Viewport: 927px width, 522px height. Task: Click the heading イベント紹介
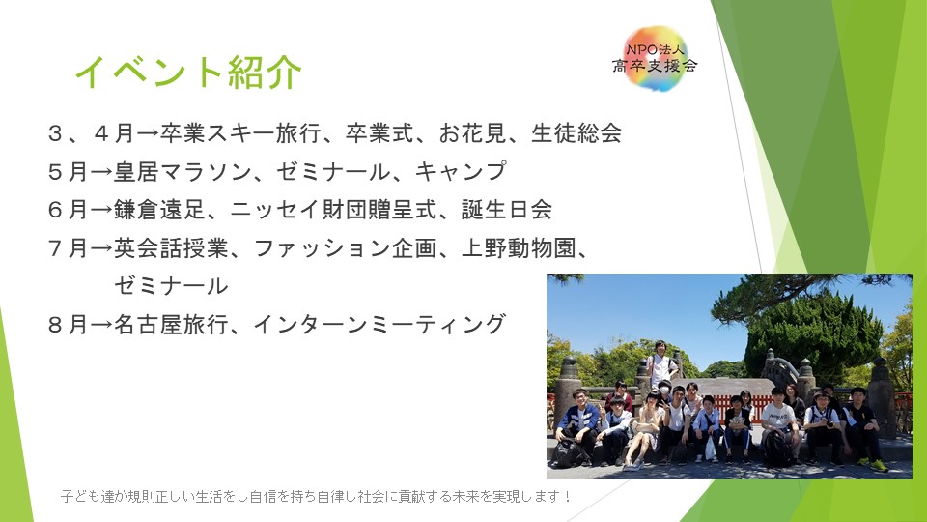(188, 72)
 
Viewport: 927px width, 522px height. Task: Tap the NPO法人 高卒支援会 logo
(655, 59)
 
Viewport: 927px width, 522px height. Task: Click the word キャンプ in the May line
(462, 172)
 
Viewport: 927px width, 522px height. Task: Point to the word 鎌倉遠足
(159, 210)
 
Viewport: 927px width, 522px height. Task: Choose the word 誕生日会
(507, 210)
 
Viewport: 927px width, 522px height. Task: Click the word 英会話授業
(172, 248)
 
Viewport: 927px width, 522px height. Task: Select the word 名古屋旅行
(172, 325)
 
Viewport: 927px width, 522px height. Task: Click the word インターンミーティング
(380, 325)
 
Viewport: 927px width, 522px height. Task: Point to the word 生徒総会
(576, 133)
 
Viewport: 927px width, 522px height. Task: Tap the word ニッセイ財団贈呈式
(333, 210)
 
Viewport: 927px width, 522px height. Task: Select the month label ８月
(68, 325)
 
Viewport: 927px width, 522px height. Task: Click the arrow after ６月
(100, 210)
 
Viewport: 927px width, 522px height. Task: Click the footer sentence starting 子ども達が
(316, 496)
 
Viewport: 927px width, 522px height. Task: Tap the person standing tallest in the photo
(661, 363)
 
